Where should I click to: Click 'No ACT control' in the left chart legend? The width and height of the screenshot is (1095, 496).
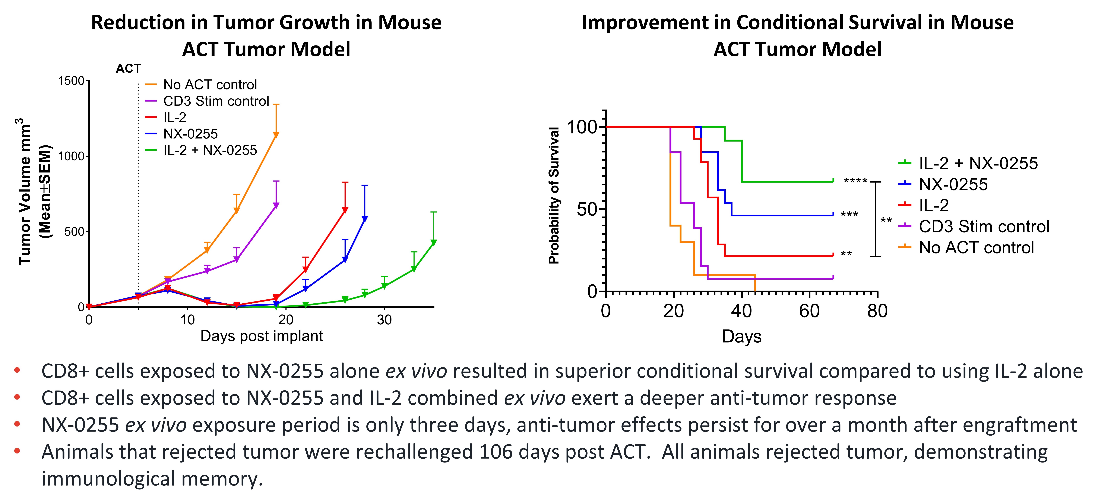(210, 85)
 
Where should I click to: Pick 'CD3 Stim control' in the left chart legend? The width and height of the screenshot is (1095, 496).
(216, 101)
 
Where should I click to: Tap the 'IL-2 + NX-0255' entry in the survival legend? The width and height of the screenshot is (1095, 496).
(978, 163)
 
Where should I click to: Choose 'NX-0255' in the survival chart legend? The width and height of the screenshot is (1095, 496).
(953, 184)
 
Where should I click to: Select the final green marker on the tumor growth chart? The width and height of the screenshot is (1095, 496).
(434, 242)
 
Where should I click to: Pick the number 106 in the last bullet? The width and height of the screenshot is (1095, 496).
(494, 452)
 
